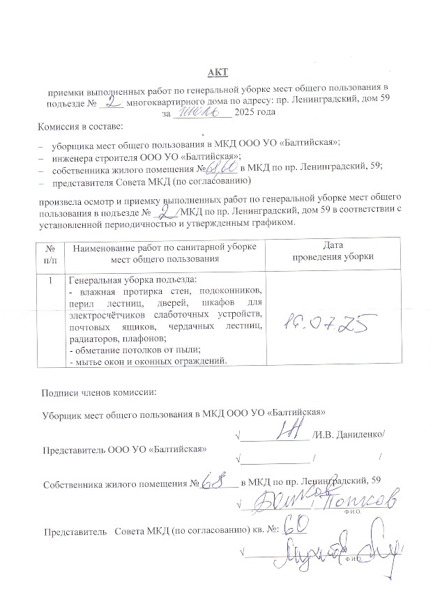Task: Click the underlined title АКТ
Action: coord(217,72)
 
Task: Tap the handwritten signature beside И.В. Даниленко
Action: coord(285,432)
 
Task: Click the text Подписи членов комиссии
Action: coord(100,392)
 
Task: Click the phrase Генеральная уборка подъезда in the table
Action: coord(123,280)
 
